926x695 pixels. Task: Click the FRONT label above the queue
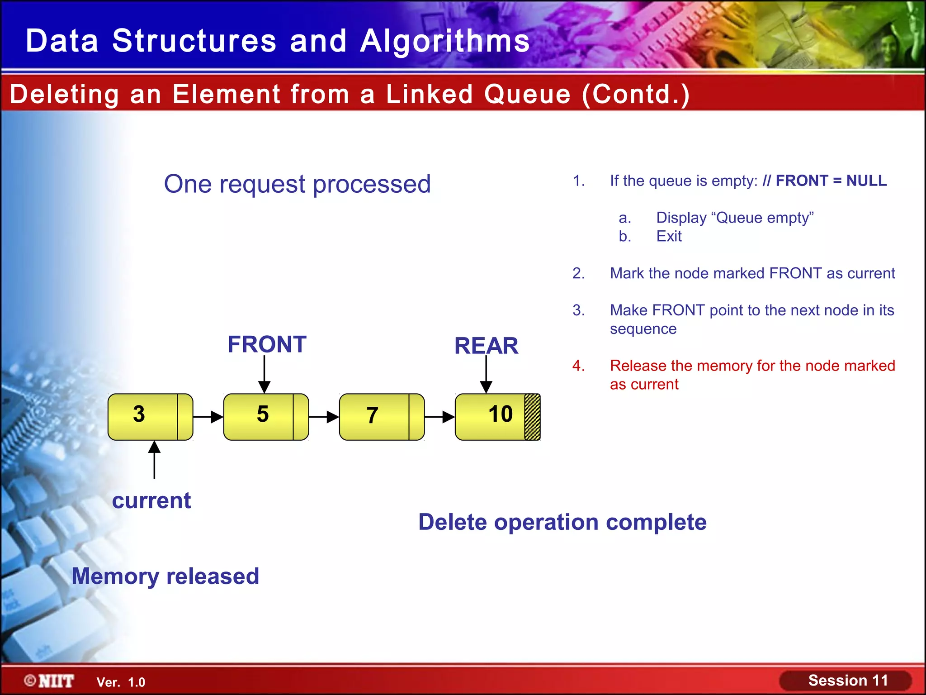[x=267, y=344]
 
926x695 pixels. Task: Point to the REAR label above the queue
[x=486, y=346]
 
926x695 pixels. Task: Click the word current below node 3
[x=151, y=500]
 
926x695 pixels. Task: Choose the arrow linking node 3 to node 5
[x=208, y=417]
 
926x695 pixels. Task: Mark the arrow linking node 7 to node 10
[x=440, y=417]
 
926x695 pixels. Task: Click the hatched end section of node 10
[x=532, y=417]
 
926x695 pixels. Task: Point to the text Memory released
[x=165, y=576]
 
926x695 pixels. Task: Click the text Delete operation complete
[x=562, y=522]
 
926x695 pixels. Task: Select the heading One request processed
[x=297, y=184]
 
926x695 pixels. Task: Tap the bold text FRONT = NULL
[x=831, y=181]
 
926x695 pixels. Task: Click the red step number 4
[x=578, y=366]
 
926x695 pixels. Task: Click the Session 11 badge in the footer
[x=846, y=681]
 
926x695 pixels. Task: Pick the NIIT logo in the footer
[x=50, y=681]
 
